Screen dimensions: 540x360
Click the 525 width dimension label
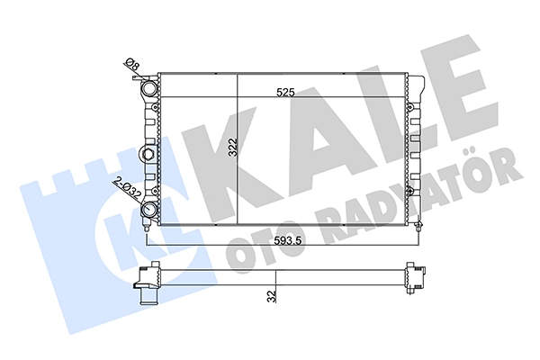286,92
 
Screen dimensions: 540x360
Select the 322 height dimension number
233,147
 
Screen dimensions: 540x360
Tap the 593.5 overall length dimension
284,240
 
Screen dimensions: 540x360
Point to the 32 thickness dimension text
272,296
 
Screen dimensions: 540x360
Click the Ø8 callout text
131,65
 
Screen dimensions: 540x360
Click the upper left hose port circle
149,88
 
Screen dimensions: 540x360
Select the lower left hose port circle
149,209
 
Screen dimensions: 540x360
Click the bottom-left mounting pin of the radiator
147,228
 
